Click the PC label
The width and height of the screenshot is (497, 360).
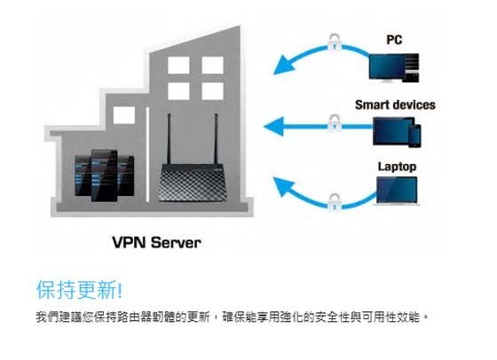[394, 40]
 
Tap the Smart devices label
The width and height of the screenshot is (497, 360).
[395, 105]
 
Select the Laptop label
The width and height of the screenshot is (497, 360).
[398, 167]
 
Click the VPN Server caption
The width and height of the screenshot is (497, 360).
[156, 243]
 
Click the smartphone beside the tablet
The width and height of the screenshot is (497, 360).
[414, 136]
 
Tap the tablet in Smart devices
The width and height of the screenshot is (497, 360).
[392, 131]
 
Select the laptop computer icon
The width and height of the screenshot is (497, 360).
[397, 191]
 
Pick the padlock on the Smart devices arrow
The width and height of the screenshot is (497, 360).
[334, 123]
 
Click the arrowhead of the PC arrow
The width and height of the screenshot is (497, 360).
[283, 66]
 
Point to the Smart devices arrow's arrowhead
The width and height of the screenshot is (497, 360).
[273, 126]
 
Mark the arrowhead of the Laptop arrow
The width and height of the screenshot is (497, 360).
[283, 186]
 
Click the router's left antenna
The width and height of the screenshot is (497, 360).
[169, 138]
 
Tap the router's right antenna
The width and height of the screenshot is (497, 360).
[217, 138]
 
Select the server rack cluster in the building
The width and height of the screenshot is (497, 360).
[105, 175]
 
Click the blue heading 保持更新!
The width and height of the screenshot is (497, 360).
[79, 289]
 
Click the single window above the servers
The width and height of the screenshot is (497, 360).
[124, 115]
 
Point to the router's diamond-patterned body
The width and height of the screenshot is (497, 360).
[193, 183]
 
